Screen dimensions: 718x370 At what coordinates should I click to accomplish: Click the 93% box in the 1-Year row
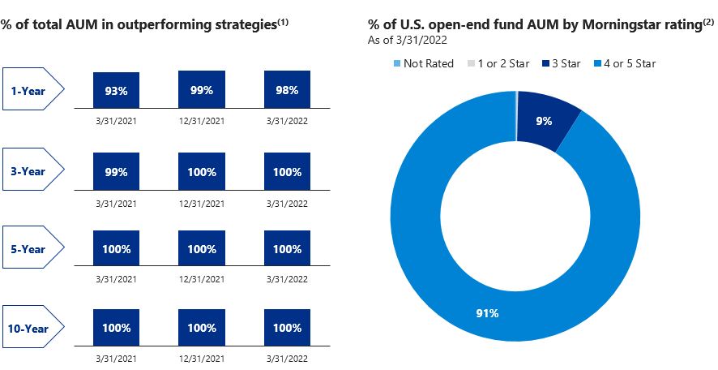117,90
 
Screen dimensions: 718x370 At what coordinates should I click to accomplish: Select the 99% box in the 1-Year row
202,89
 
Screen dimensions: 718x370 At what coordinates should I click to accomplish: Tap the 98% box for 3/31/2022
287,89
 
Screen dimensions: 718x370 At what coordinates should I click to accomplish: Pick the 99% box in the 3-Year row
117,171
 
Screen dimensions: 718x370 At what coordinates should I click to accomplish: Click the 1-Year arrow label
33,89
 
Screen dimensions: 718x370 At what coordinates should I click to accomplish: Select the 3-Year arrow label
33,170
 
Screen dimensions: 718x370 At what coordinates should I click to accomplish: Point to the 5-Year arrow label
33,247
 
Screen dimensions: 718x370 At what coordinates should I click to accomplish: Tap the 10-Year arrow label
33,326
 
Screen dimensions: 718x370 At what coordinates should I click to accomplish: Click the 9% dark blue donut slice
547,120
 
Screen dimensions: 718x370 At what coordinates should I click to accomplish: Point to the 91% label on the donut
487,313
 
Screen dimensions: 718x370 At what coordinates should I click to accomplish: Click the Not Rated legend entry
424,63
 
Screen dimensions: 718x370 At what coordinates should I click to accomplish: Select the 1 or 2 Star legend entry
498,63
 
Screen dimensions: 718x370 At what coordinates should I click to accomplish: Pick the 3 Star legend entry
562,63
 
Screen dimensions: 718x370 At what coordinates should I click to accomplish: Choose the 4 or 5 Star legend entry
625,63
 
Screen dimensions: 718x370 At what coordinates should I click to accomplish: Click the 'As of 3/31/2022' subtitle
408,40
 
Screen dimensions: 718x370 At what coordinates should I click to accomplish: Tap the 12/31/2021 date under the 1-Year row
202,122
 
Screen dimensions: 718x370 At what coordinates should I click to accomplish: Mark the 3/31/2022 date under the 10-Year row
287,359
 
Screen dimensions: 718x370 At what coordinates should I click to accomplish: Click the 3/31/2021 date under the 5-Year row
117,279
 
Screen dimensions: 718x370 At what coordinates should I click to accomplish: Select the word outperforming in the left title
161,25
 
